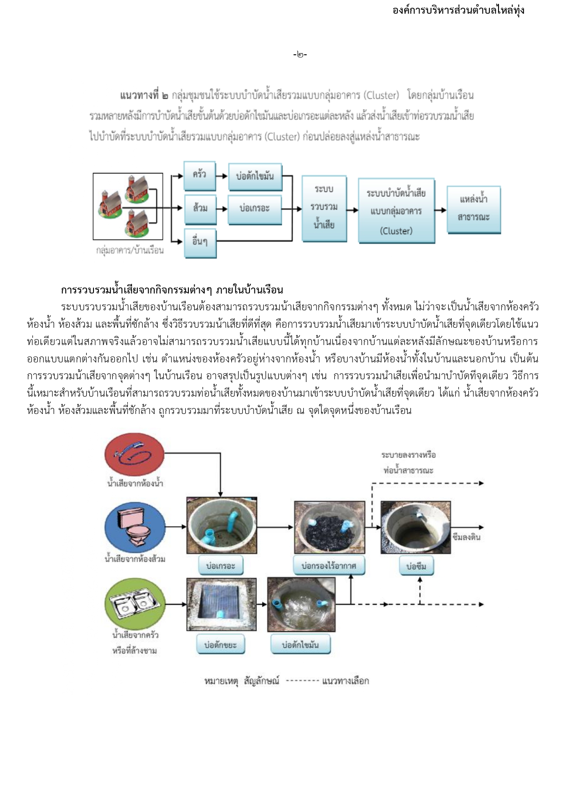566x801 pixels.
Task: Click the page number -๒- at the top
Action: pyautogui.click(x=300, y=55)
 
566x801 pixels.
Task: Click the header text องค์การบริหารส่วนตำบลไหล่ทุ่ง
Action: pyautogui.click(x=458, y=10)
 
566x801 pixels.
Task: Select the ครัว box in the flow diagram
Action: pyautogui.click(x=199, y=175)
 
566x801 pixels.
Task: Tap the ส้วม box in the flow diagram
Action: pyautogui.click(x=200, y=209)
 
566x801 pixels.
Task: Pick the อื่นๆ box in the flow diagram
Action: pyautogui.click(x=200, y=242)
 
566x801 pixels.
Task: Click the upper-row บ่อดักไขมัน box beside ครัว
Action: pyautogui.click(x=254, y=176)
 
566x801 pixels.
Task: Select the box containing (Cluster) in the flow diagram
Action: pyautogui.click(x=396, y=210)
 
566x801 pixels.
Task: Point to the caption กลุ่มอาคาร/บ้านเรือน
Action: pyautogui.click(x=130, y=250)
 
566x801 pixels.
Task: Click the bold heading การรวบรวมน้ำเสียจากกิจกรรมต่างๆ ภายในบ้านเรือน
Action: pyautogui.click(x=172, y=290)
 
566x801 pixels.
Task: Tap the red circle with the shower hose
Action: pyautogui.click(x=134, y=454)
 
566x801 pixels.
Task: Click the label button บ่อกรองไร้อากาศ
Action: pyautogui.click(x=328, y=566)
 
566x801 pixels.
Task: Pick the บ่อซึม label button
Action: pyautogui.click(x=416, y=566)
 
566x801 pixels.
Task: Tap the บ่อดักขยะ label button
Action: pyautogui.click(x=220, y=645)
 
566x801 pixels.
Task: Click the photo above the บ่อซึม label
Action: pyautogui.click(x=415, y=527)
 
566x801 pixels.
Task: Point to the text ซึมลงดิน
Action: pyautogui.click(x=466, y=537)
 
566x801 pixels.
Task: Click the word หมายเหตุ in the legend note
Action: pyautogui.click(x=221, y=681)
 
